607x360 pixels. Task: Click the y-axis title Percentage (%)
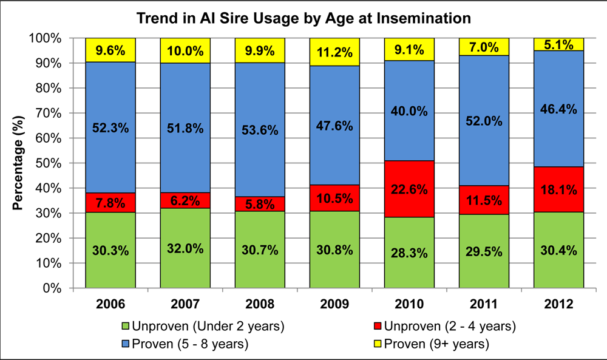18,163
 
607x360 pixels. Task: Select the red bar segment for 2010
409,188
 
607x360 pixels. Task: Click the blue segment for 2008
260,130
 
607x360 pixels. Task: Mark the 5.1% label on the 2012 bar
558,44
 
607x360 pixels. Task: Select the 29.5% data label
484,251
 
